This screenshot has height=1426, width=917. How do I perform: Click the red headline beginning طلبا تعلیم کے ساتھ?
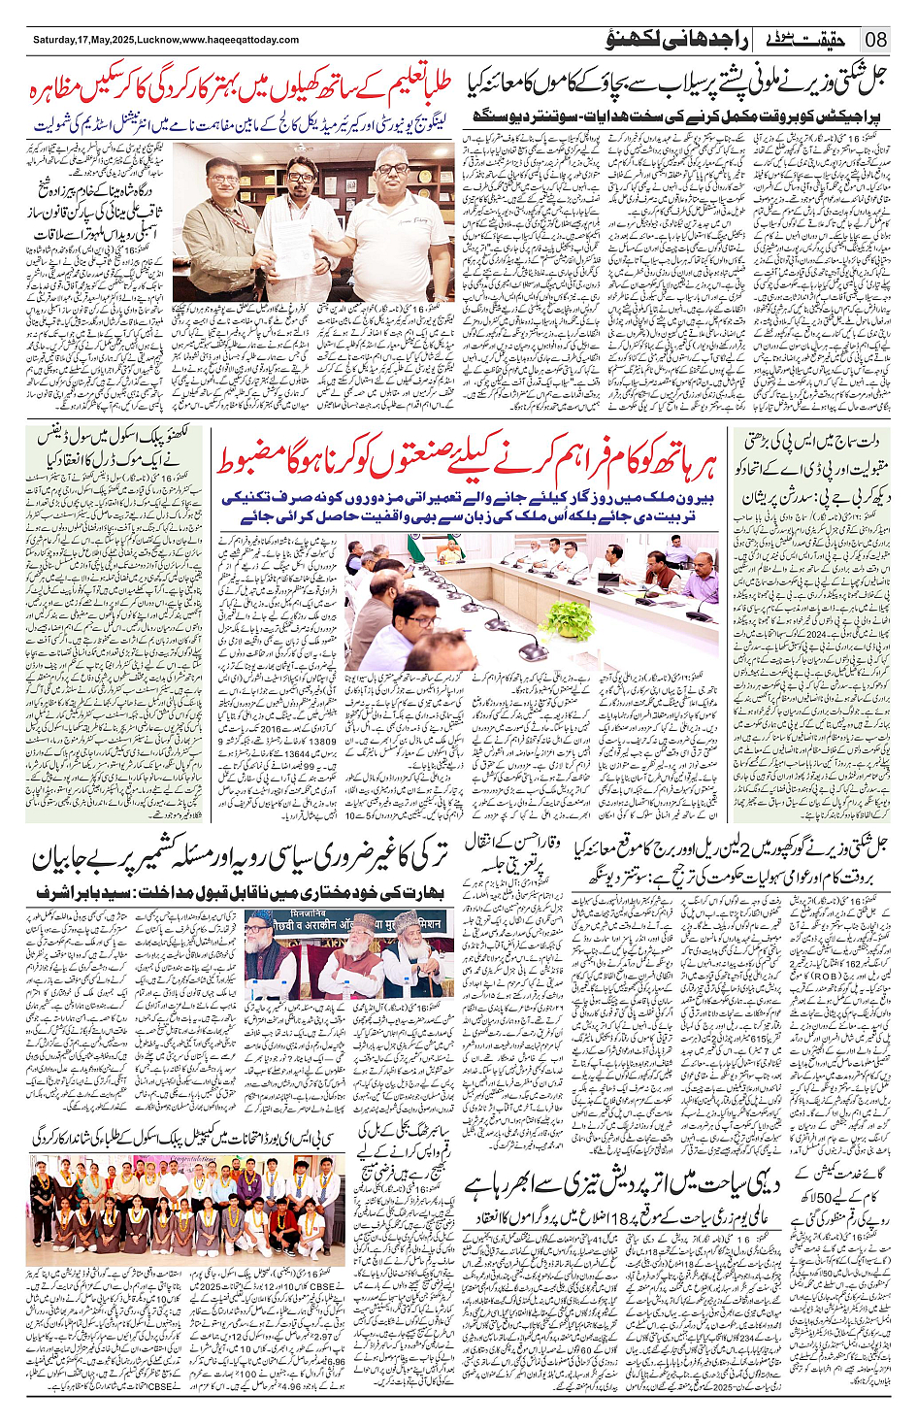coord(243,92)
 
